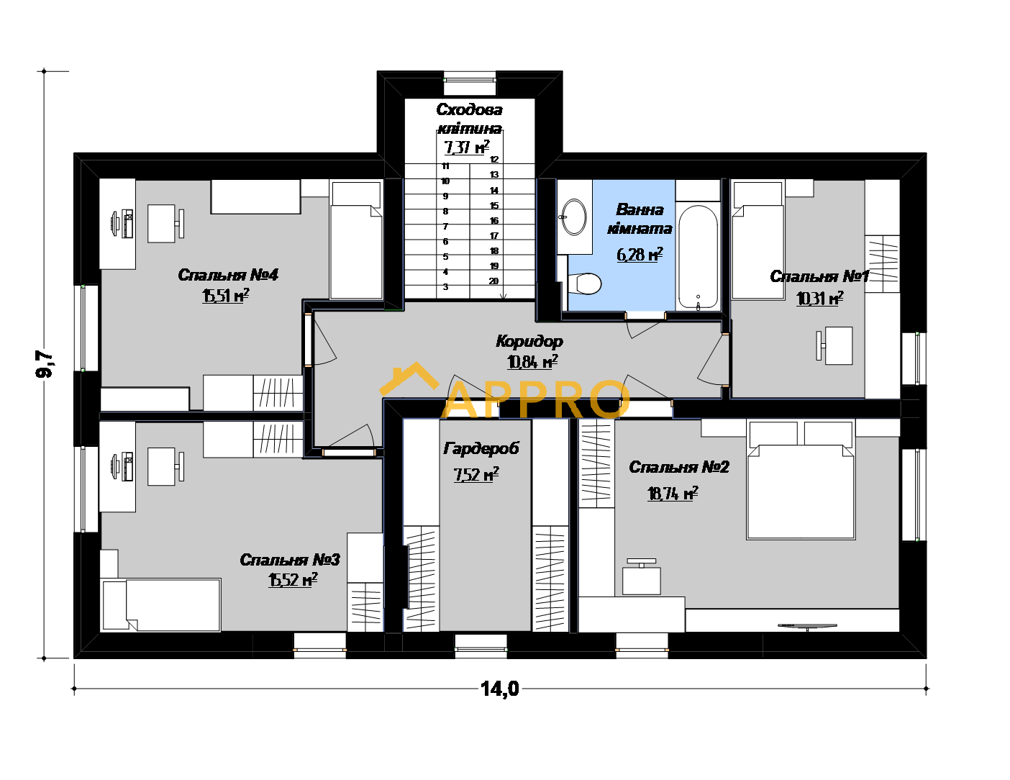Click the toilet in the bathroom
click(x=584, y=284)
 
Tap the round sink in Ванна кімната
click(x=574, y=217)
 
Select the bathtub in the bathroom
click(x=698, y=257)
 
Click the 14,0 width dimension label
click(x=500, y=689)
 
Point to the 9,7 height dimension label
click(x=45, y=363)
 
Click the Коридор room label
click(x=529, y=342)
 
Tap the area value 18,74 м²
click(x=673, y=493)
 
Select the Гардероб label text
click(x=481, y=448)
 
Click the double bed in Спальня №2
click(x=801, y=480)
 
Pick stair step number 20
click(x=493, y=281)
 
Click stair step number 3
click(x=446, y=287)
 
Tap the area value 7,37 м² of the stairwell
click(x=467, y=147)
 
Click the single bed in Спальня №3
click(x=161, y=604)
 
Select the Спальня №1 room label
click(x=819, y=276)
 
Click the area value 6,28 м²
click(x=640, y=254)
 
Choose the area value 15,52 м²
click(x=293, y=580)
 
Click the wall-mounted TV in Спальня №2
click(x=807, y=627)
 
